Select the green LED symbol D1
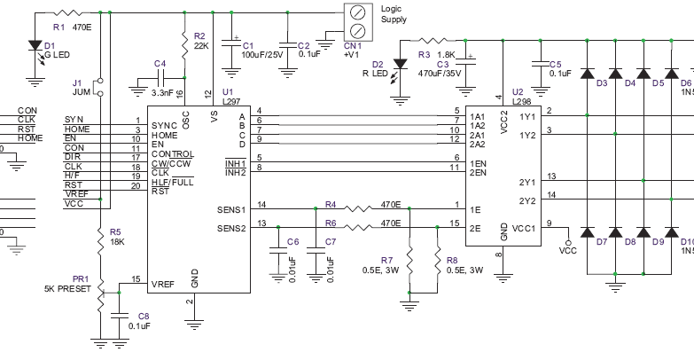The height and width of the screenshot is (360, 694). coord(35,46)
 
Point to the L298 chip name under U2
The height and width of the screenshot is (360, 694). coord(523,102)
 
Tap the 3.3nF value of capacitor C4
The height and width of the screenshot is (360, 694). coord(162,92)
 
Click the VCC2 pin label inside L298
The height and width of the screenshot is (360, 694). coord(503,121)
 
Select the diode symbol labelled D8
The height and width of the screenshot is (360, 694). coord(632,232)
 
